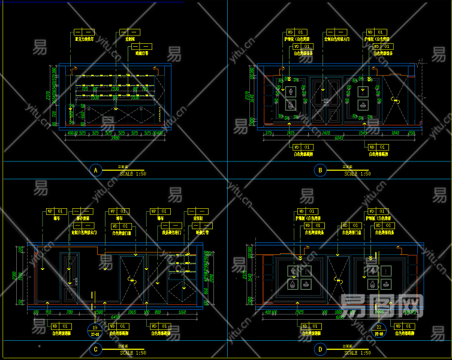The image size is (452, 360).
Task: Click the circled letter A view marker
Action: (95, 171)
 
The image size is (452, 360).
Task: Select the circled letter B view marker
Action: (320, 171)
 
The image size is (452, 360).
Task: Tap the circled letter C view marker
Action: (95, 349)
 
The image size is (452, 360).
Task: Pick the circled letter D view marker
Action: (320, 349)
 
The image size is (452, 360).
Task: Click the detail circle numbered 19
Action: (95, 329)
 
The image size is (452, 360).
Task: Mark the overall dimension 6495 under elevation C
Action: (116, 317)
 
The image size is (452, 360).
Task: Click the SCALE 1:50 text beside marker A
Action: (133, 174)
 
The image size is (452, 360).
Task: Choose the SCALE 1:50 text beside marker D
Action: (358, 352)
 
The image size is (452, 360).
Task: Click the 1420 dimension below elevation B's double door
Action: (327, 132)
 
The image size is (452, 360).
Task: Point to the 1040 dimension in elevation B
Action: (394, 132)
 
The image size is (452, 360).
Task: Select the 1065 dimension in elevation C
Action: (131, 312)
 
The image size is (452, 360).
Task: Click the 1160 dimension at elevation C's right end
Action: (182, 312)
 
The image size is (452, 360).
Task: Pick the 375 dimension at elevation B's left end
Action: (269, 132)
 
